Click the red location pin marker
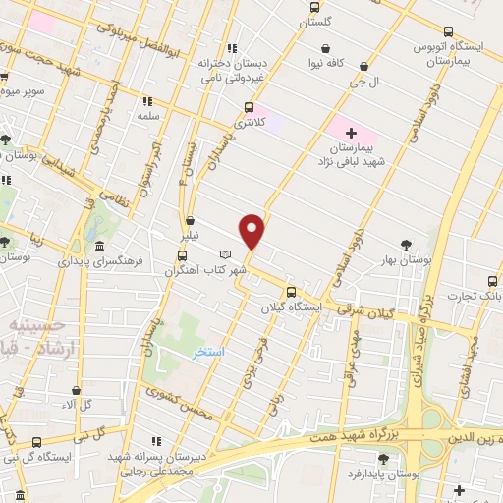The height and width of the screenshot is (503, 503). (x=253, y=229)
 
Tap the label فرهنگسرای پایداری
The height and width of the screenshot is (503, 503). (x=101, y=262)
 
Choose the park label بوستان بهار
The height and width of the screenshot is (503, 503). (x=406, y=260)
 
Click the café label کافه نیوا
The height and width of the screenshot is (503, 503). (x=325, y=66)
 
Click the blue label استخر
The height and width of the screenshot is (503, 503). (x=208, y=352)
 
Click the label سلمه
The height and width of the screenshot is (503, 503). (x=148, y=116)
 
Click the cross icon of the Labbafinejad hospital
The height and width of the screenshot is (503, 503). (x=351, y=131)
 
